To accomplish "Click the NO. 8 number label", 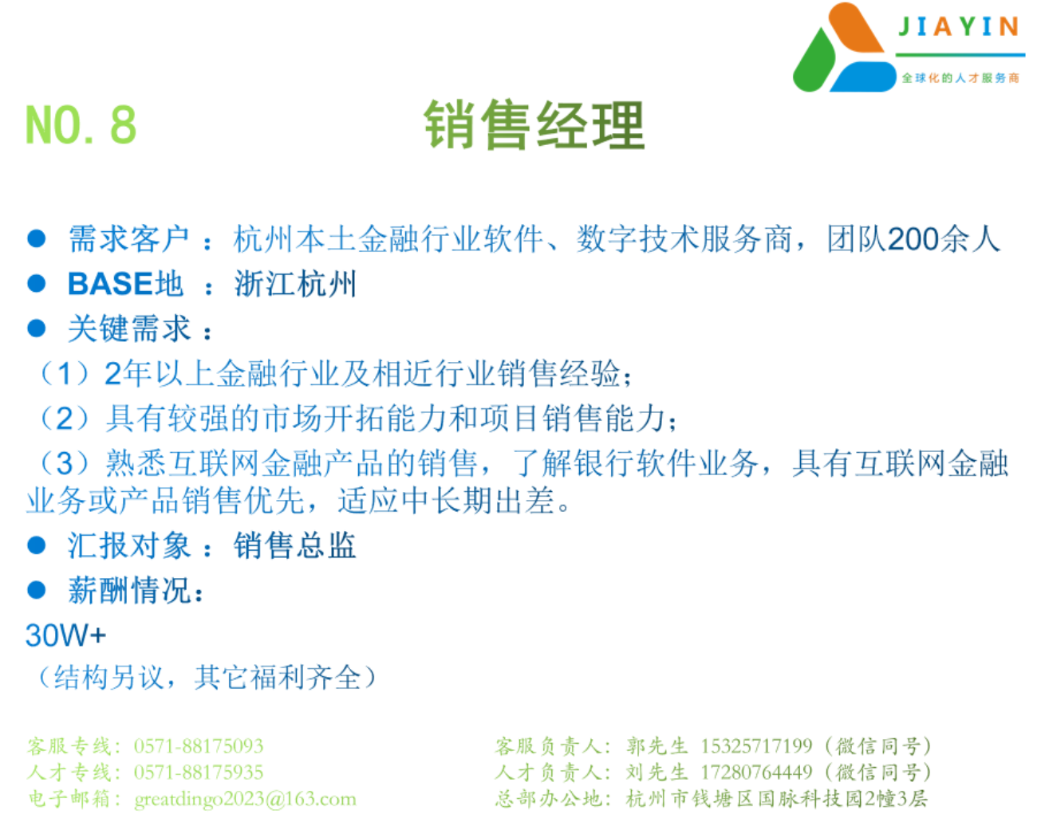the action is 81,124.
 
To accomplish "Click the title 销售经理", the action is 534,125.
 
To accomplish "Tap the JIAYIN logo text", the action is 959,26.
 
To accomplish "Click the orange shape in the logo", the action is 856,28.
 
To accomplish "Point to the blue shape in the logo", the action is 864,77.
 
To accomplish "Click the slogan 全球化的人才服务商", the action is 960,77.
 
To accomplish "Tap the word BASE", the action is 111,284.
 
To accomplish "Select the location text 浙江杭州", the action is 295,284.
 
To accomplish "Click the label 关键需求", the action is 129,328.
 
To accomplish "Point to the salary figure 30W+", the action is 65,635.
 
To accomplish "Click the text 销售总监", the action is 295,545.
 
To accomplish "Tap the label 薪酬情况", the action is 129,590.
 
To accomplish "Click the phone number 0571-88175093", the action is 199,746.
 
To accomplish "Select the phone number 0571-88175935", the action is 199,773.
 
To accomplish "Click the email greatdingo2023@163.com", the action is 246,799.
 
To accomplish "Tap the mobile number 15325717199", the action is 756,745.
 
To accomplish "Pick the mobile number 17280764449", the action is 756,772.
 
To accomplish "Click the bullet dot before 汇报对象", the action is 36,545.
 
